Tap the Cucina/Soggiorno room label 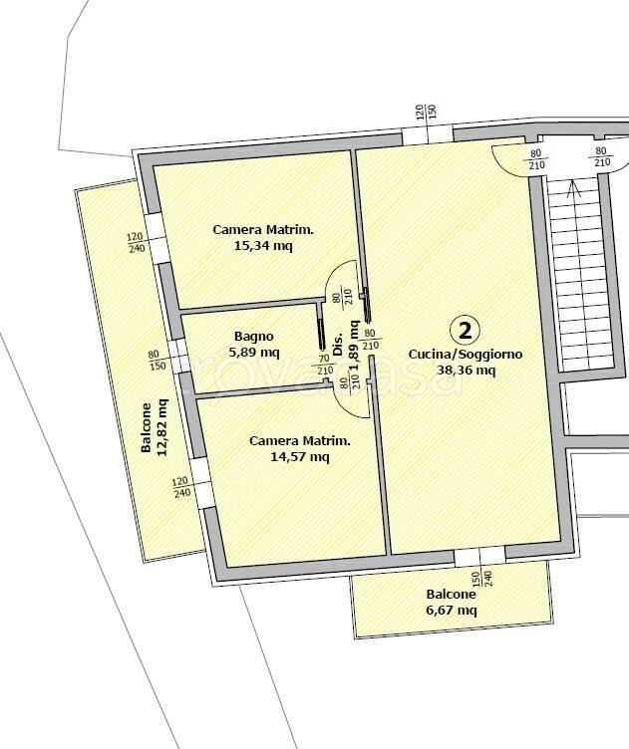(466, 355)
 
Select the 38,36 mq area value (466, 371)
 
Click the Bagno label (254, 337)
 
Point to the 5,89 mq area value (254, 353)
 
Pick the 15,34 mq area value (263, 246)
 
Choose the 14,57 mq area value (300, 457)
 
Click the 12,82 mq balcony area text (161, 427)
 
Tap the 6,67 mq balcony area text (452, 610)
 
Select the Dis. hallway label (338, 345)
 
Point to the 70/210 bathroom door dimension (325, 365)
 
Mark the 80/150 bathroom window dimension (157, 361)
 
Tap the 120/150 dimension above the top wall (427, 113)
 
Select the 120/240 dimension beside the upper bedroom (137, 243)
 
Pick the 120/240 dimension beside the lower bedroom (181, 487)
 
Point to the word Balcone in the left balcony (146, 427)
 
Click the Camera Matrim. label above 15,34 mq (263, 230)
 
